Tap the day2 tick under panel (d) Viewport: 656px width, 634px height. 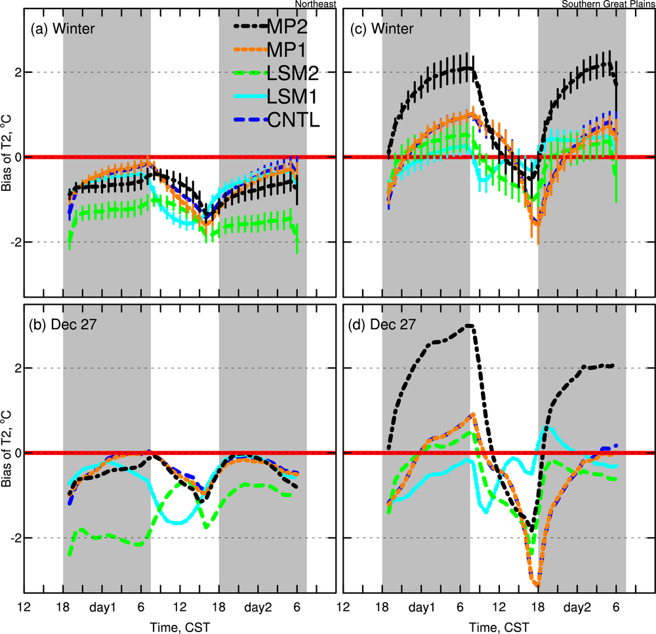tap(577, 605)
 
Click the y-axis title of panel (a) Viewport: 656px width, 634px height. tap(6, 157)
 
